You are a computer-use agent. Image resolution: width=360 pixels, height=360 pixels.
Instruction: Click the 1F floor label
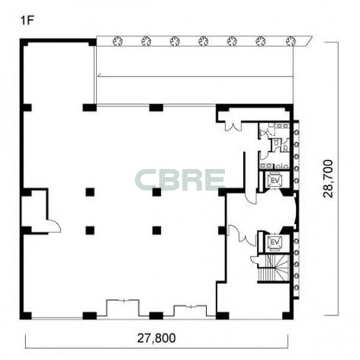coord(27,21)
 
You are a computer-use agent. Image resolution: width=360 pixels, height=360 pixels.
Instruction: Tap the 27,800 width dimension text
coord(156,338)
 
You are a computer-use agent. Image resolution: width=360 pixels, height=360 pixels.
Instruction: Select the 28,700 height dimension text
coord(328,179)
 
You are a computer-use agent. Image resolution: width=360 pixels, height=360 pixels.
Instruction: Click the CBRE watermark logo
coord(180,180)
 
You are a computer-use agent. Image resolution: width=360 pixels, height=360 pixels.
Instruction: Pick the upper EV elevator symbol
coord(275,181)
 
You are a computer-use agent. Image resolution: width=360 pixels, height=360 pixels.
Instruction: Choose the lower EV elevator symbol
coord(275,242)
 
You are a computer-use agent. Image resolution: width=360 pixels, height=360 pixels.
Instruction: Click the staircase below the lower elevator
coord(273,268)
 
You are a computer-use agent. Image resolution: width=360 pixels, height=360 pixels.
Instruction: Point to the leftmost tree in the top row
coord(117,41)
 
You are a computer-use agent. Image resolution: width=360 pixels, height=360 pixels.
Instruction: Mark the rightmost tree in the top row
coord(291,41)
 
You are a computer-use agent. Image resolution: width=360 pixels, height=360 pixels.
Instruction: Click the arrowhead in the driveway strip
coord(99,75)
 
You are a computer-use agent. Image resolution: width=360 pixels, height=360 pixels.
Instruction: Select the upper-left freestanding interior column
coord(90,192)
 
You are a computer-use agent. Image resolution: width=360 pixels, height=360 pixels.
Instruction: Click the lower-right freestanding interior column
coord(157,230)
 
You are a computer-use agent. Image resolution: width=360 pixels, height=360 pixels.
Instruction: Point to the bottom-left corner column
coord(26,316)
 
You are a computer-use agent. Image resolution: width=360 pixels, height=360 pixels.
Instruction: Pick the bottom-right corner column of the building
coord(288,316)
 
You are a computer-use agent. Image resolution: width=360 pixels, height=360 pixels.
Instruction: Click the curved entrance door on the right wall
coord(294,211)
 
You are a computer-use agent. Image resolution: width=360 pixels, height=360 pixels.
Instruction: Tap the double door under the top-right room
coord(233,127)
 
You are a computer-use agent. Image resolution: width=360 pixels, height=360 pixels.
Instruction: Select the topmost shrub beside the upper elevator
coord(296,132)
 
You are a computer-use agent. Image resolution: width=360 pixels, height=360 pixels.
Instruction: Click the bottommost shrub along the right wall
coord(296,287)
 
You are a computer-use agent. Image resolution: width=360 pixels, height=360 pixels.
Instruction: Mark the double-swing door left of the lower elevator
coord(242,235)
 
